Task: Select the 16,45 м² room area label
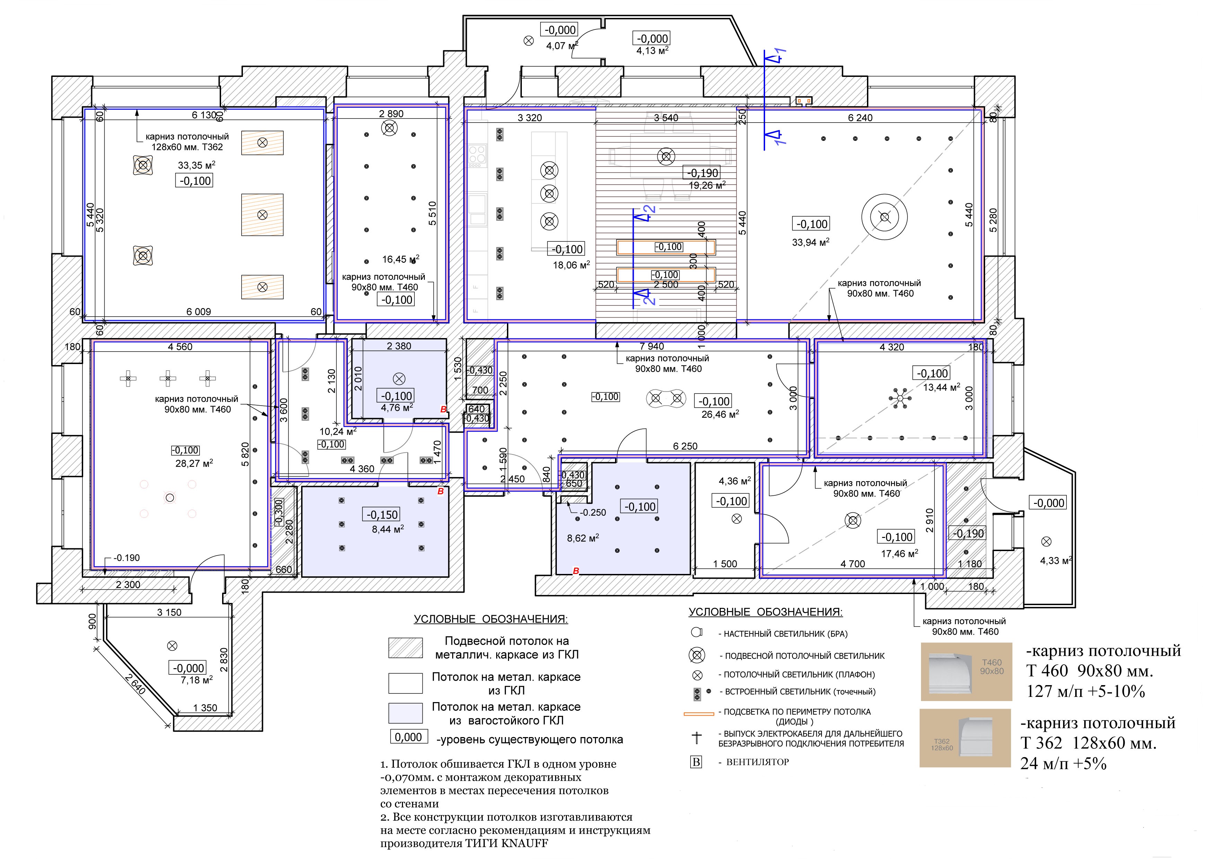(401, 259)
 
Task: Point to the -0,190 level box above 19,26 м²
(703, 173)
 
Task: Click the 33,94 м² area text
(810, 242)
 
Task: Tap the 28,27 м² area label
(194, 463)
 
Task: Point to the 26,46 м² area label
(720, 414)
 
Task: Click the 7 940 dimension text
(652, 346)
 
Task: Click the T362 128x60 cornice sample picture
(965, 738)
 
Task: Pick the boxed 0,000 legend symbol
(409, 737)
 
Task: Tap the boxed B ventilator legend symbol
(697, 762)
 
